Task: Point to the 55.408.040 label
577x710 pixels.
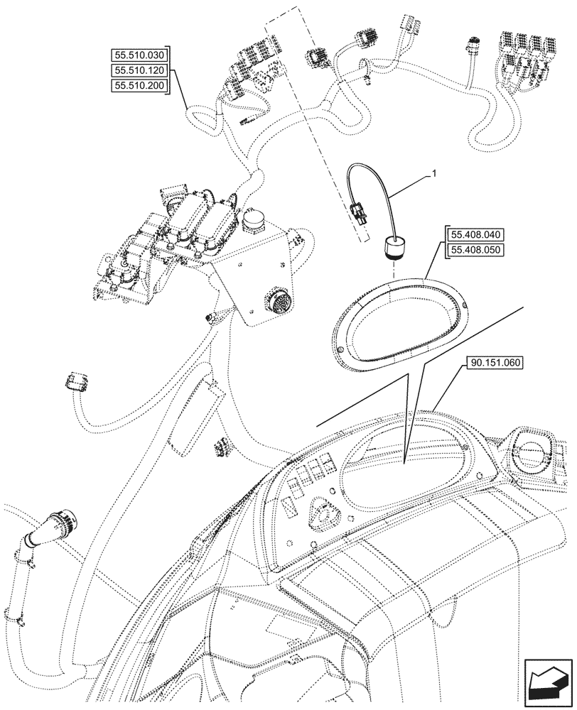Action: [476, 234]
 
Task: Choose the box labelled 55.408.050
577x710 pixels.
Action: [476, 249]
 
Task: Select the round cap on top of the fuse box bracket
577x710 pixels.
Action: [252, 221]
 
